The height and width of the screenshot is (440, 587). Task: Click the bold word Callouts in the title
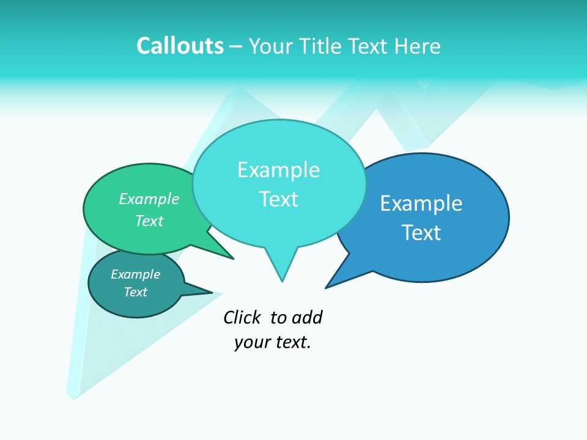tap(180, 46)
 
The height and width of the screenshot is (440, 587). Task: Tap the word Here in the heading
tap(418, 46)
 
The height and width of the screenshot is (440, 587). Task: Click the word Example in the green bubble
tap(149, 199)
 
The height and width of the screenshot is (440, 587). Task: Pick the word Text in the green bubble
tap(149, 221)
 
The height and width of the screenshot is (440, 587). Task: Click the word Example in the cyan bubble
tap(278, 169)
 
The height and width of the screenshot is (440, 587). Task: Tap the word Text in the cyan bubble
tap(279, 199)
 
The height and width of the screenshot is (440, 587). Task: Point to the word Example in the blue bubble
tap(421, 203)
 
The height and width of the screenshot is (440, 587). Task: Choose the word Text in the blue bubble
tap(421, 232)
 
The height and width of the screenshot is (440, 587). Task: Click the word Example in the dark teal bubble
tap(135, 274)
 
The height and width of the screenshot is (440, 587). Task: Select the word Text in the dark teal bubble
tap(135, 292)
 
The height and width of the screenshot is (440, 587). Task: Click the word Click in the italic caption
tap(242, 317)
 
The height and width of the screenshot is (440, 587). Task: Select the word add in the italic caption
tap(306, 317)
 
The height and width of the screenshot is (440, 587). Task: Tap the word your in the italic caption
tap(248, 342)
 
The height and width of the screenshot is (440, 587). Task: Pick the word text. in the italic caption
tap(290, 342)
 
